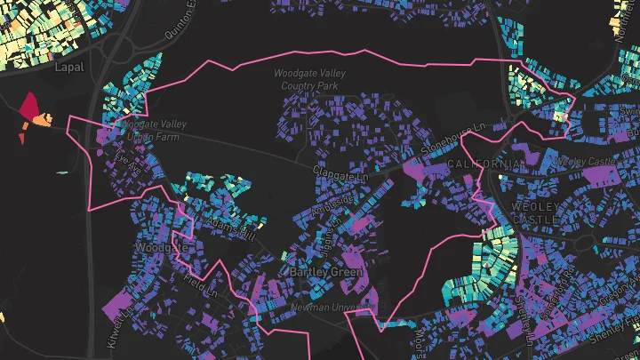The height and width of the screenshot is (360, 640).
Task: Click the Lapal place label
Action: pyautogui.click(x=67, y=67)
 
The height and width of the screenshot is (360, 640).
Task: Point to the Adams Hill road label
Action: pyautogui.click(x=231, y=228)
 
